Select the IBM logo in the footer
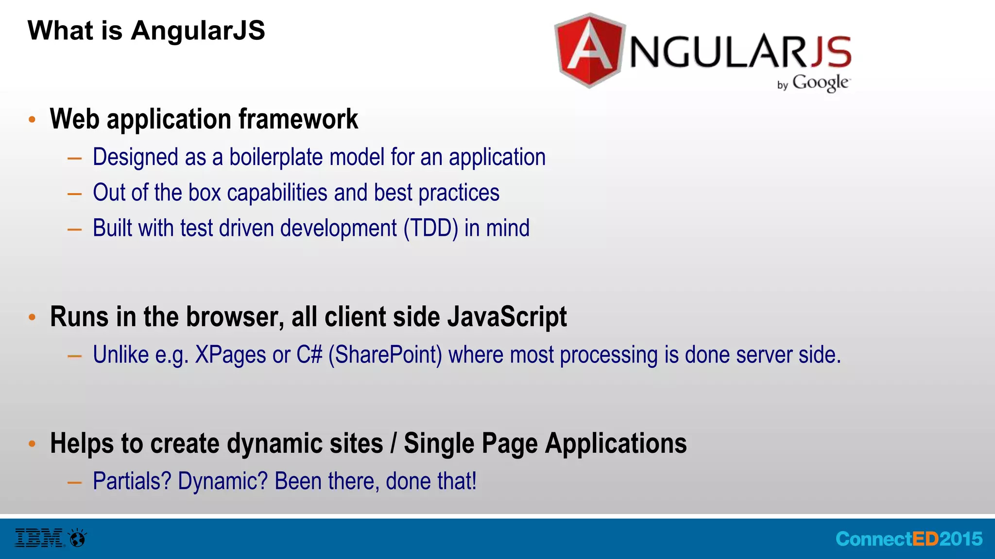(x=39, y=538)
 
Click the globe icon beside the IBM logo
(x=78, y=538)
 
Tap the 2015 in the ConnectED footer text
(x=961, y=539)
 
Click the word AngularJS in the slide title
(x=198, y=31)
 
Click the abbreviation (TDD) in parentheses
(x=430, y=228)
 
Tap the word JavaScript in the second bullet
(x=507, y=317)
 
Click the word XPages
(x=230, y=355)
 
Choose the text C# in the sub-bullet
(x=309, y=355)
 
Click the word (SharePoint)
(x=385, y=355)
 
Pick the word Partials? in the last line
(x=132, y=481)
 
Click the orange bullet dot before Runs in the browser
(x=32, y=317)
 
